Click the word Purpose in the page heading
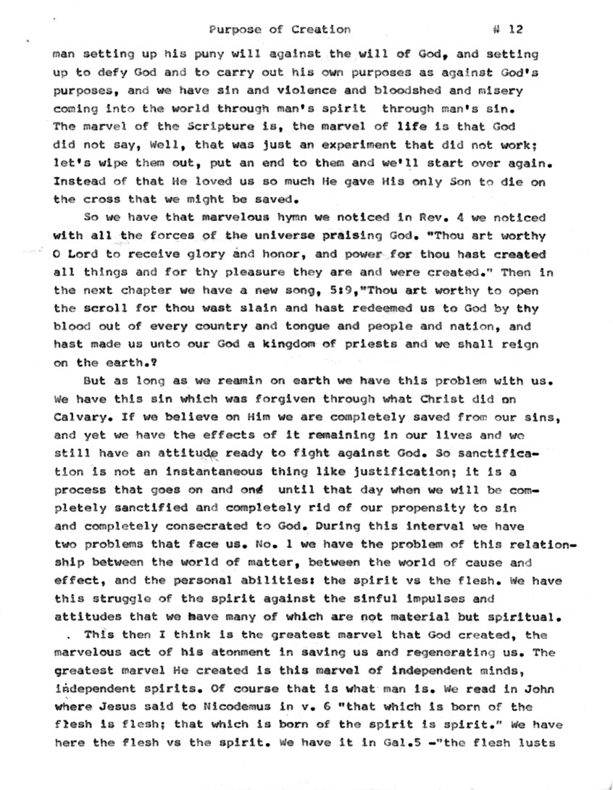pyautogui.click(x=232, y=30)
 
